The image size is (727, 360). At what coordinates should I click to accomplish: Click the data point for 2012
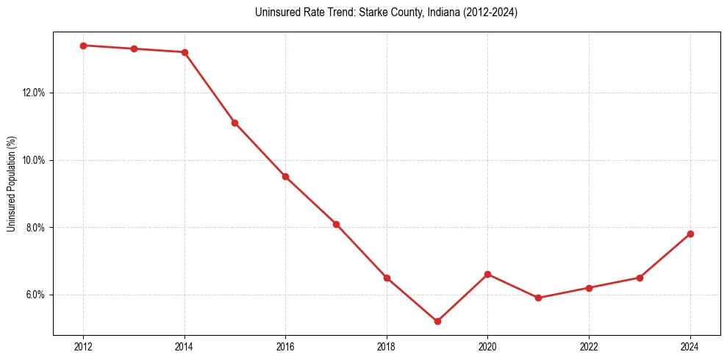[x=83, y=46]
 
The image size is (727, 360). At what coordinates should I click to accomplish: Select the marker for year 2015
[x=234, y=123]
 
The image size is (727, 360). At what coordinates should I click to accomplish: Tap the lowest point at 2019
[x=437, y=321]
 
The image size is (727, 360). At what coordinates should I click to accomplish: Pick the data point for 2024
[x=690, y=234]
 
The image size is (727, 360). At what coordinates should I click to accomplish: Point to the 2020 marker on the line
[x=488, y=274]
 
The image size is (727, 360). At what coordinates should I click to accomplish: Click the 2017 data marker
[x=336, y=224]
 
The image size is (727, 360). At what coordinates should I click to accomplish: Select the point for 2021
[x=538, y=298]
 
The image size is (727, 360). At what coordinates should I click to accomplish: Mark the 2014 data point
[x=185, y=52]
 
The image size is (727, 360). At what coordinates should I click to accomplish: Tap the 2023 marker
[x=640, y=278]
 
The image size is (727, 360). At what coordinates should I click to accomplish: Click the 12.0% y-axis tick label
[x=34, y=93]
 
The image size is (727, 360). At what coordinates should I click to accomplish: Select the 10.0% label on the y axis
[x=34, y=160]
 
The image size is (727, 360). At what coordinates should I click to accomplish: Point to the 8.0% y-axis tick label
[x=35, y=228]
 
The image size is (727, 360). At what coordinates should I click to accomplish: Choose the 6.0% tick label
[x=35, y=295]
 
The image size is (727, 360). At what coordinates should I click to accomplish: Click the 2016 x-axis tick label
[x=285, y=346]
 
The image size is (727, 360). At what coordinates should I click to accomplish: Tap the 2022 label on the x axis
[x=589, y=346]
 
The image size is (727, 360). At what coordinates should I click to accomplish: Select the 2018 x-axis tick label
[x=387, y=346]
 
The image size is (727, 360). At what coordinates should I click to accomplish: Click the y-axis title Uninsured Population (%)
[x=11, y=184]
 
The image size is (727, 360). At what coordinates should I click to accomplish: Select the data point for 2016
[x=285, y=176]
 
